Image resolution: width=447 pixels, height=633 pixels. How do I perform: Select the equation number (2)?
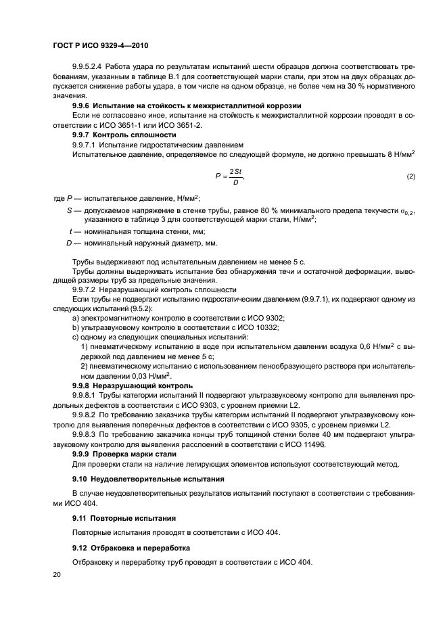pyautogui.click(x=410, y=177)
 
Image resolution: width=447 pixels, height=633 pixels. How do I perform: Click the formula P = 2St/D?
pyautogui.click(x=229, y=177)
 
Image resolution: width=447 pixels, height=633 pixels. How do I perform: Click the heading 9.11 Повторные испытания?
pyautogui.click(x=116, y=518)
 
